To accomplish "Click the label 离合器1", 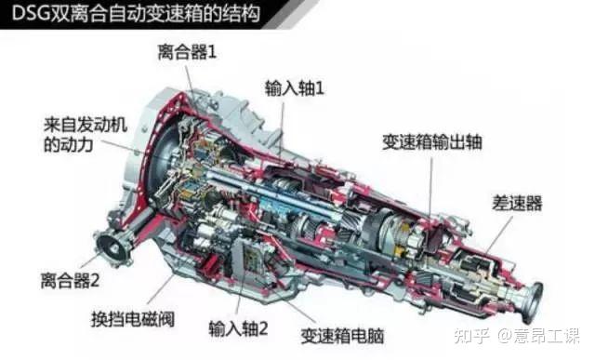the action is tap(187, 53).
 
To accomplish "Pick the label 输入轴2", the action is tap(239, 327).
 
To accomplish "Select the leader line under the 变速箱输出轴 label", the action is tap(430, 186).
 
